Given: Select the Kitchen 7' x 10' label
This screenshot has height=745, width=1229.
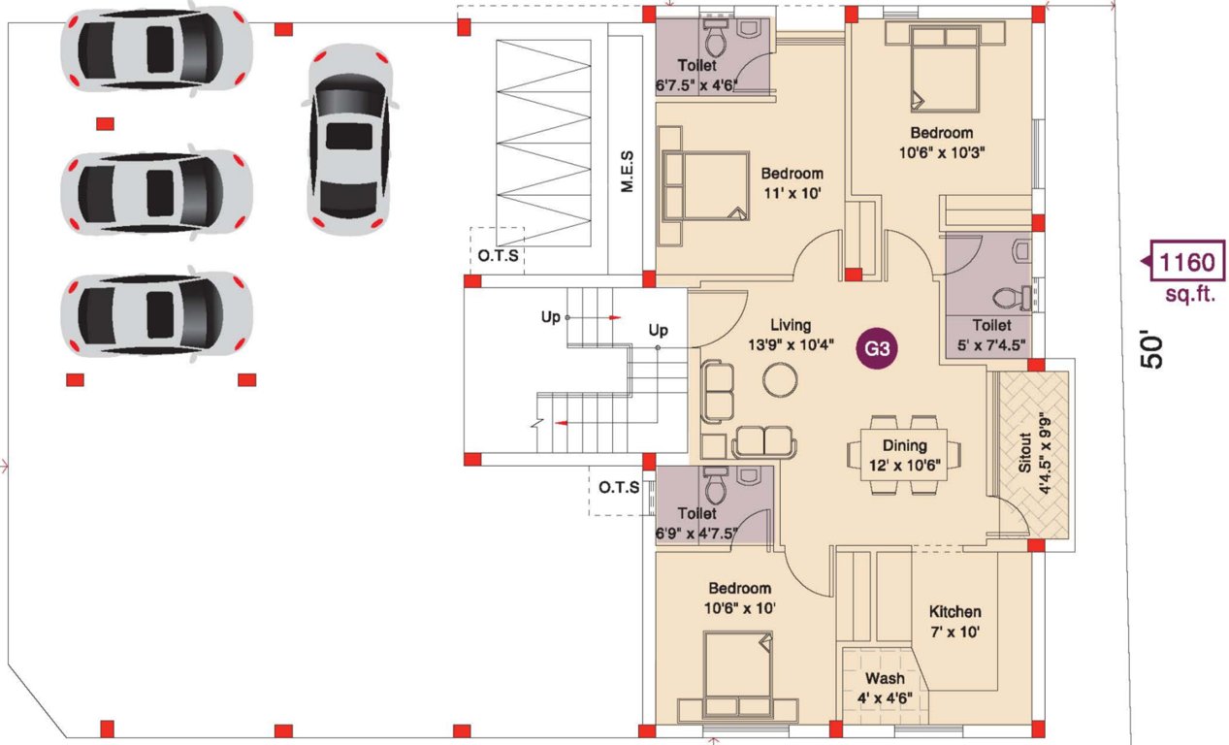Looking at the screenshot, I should pos(954,621).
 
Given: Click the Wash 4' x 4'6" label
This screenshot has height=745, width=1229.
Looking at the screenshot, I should pos(884,688).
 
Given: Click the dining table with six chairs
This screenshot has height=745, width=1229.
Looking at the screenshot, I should pos(904,454).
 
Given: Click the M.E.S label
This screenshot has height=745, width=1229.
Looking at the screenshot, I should pos(627,171).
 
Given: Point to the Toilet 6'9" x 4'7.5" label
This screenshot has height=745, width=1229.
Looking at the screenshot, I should pos(697,522).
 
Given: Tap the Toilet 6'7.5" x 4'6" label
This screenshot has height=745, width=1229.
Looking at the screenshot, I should pos(696,75).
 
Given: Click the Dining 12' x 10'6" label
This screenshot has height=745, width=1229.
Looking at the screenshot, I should pos(904,455).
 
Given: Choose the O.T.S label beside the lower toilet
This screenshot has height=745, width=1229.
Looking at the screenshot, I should pos(618,487).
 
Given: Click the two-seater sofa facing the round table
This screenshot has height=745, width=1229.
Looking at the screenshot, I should pos(763,441).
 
